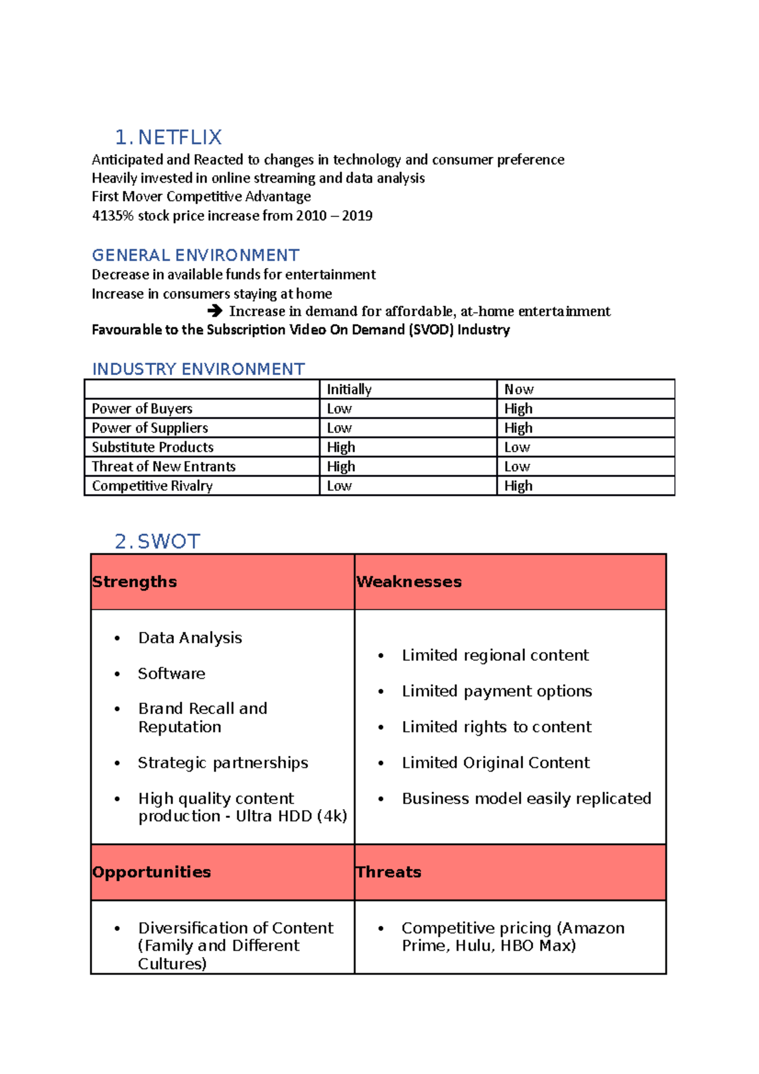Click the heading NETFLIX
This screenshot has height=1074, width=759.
pyautogui.click(x=179, y=137)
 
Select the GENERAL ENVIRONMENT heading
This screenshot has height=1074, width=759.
pyautogui.click(x=195, y=256)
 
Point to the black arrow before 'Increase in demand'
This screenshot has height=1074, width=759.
pyautogui.click(x=215, y=311)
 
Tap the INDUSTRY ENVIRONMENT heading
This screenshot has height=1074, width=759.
pyautogui.click(x=199, y=369)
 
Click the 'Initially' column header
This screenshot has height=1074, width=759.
pyautogui.click(x=349, y=390)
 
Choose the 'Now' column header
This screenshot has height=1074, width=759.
pyautogui.click(x=519, y=390)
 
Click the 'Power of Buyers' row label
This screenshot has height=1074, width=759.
pyautogui.click(x=142, y=409)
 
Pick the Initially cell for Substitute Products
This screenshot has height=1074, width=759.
pyautogui.click(x=341, y=447)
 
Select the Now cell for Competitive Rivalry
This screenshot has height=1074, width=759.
pyautogui.click(x=519, y=486)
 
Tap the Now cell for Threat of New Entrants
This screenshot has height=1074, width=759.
pyautogui.click(x=517, y=467)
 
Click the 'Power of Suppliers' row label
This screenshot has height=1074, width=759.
pyautogui.click(x=150, y=428)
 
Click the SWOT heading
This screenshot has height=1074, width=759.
pyautogui.click(x=168, y=541)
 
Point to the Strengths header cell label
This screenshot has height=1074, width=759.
pyautogui.click(x=135, y=582)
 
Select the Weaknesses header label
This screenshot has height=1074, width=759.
pyautogui.click(x=409, y=582)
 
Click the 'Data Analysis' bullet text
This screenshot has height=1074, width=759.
pyautogui.click(x=190, y=638)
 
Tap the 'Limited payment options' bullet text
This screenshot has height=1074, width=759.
pyautogui.click(x=497, y=691)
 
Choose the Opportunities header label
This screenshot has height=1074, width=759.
pyautogui.click(x=152, y=872)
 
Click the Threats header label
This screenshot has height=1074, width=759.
pyautogui.click(x=389, y=872)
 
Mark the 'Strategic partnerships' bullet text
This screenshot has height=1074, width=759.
pyautogui.click(x=223, y=763)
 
